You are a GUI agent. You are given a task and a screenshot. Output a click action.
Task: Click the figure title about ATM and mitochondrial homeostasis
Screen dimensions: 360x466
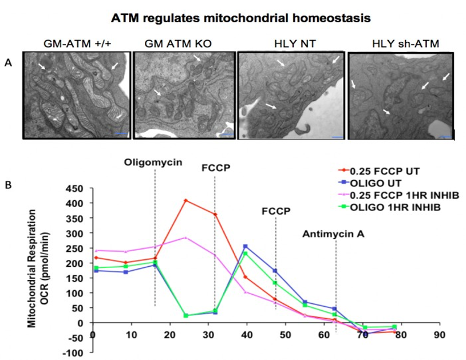[234, 18]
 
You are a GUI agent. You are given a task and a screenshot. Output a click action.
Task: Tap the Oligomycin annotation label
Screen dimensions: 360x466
[153, 163]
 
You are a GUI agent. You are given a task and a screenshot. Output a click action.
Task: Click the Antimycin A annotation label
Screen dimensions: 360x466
[334, 234]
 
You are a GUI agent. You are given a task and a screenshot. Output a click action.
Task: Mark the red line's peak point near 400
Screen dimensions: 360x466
[185, 200]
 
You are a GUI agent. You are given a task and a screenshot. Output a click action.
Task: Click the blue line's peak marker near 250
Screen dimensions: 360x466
[246, 246]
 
